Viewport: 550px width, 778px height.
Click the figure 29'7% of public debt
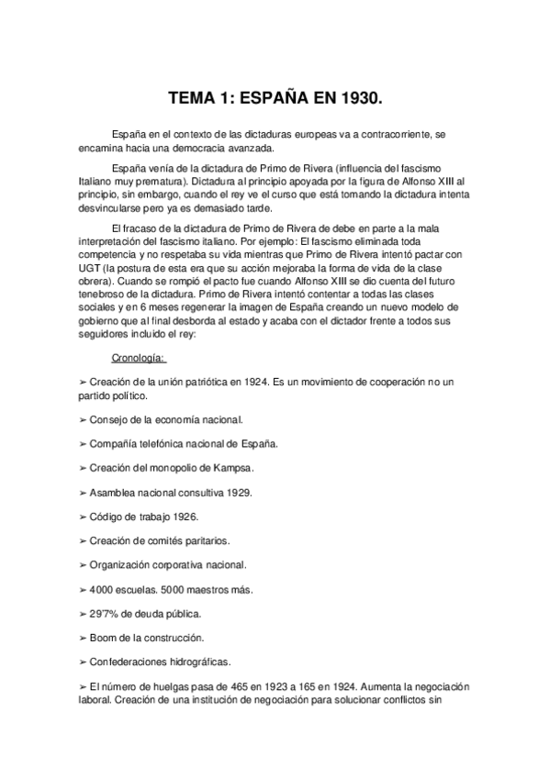click(x=107, y=612)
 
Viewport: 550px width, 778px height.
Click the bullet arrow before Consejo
click(x=83, y=419)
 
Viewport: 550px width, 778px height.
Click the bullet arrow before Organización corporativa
click(x=83, y=564)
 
